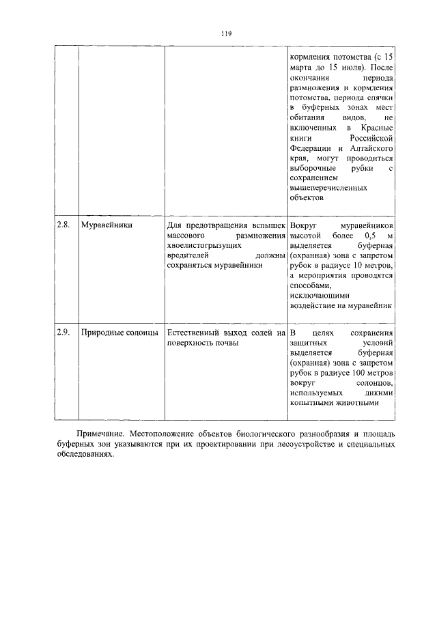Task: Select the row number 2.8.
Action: point(63,224)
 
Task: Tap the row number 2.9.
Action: point(63,332)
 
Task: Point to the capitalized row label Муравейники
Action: point(107,224)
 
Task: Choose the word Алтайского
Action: point(370,148)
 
